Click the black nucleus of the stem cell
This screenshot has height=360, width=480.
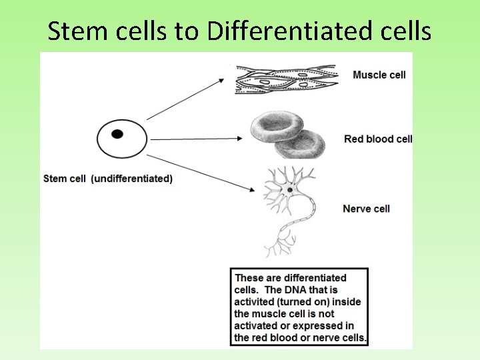[117, 134]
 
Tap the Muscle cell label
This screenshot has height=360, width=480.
[379, 75]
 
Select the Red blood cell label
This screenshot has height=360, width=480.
[378, 139]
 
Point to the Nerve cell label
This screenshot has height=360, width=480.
[366, 209]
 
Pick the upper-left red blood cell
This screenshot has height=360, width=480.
[276, 127]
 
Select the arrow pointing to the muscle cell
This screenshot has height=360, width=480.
[186, 99]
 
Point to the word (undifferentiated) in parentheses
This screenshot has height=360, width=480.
[131, 179]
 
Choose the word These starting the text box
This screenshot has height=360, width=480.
[249, 278]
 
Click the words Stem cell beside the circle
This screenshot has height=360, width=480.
[65, 179]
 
